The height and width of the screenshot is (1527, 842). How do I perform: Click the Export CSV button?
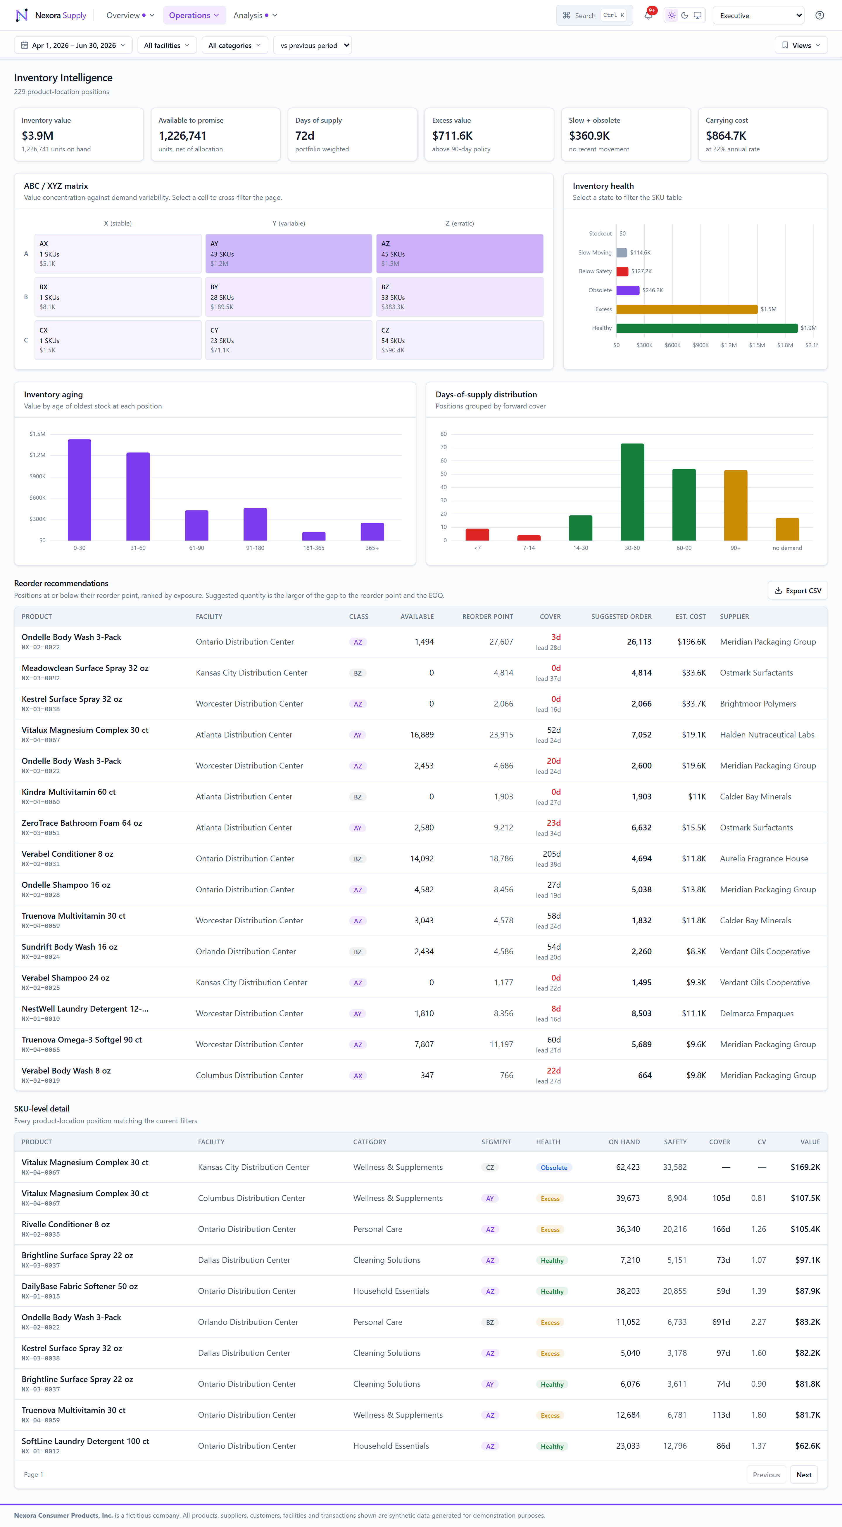[x=798, y=591]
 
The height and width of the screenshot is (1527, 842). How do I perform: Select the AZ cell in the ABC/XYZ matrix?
[x=460, y=254]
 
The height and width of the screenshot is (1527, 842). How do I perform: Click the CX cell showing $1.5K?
[x=118, y=340]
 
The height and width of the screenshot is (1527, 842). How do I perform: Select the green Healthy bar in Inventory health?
[x=707, y=328]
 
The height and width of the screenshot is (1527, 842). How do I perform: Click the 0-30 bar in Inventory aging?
[x=80, y=490]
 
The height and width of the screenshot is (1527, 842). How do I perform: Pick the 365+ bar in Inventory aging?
[x=372, y=532]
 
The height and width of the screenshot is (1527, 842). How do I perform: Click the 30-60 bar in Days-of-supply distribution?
[x=632, y=492]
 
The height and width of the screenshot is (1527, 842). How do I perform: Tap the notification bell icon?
[x=648, y=15]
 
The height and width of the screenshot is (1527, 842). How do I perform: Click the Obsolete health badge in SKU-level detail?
[x=554, y=1167]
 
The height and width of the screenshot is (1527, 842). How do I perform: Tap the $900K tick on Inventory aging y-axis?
[x=37, y=477]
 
